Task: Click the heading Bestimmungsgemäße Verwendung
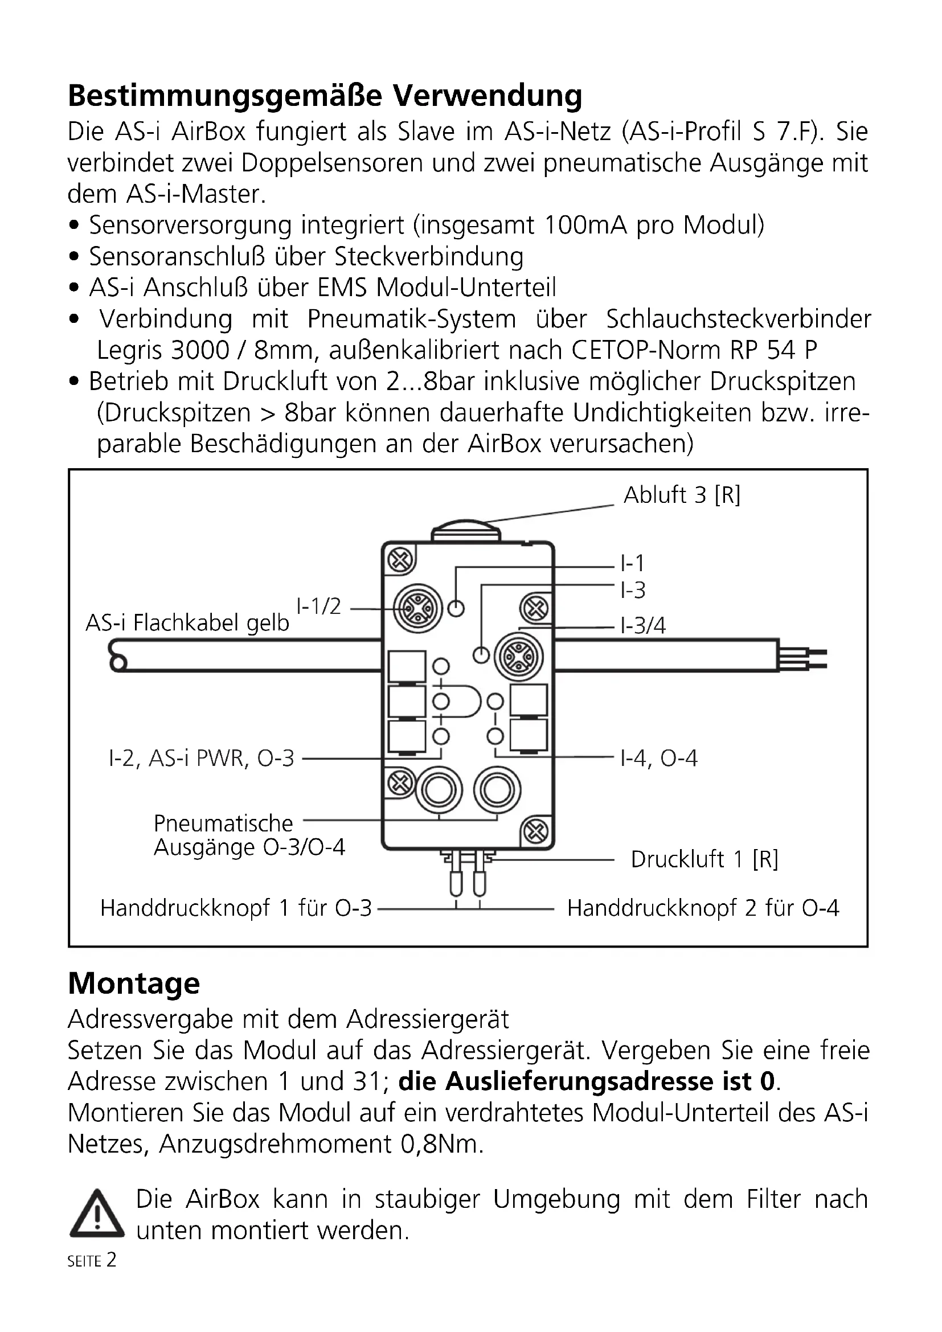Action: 325,96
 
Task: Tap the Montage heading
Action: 134,983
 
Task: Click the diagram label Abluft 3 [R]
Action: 682,495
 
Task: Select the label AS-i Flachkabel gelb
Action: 187,623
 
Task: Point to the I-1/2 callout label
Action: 318,606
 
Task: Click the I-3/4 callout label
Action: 642,625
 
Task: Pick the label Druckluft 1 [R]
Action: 704,859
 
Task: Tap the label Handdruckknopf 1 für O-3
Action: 236,908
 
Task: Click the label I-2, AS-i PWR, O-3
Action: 201,758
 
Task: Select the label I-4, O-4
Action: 658,758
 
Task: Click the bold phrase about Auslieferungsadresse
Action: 587,1081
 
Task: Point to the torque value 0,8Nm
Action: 441,1144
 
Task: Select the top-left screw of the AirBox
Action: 400,560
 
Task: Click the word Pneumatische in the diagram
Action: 223,824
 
